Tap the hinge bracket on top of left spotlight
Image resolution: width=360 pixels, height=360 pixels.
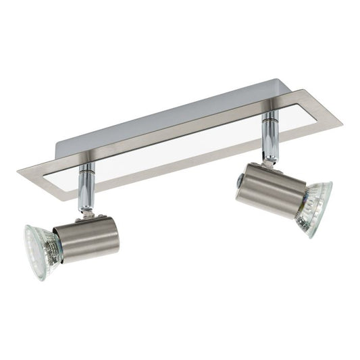coord(85,214)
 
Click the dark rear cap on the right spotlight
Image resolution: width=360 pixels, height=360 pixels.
coord(240,181)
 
